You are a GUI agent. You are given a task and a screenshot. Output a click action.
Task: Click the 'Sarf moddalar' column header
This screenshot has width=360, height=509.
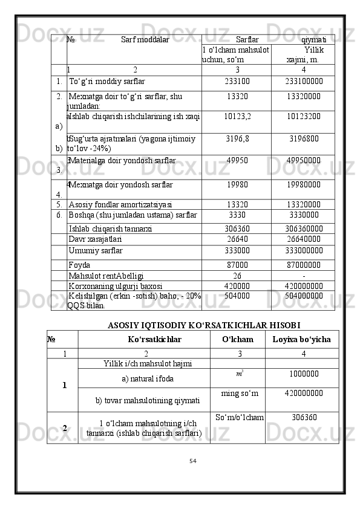coord(145,41)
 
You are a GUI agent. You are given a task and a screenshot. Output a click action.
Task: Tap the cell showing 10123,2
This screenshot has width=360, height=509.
coord(237,115)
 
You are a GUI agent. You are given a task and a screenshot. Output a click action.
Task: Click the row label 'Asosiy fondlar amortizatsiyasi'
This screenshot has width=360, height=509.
coord(120,204)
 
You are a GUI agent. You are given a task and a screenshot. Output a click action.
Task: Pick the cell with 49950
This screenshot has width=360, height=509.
coord(237,161)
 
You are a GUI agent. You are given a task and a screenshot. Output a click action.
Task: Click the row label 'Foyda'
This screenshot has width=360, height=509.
coord(80,265)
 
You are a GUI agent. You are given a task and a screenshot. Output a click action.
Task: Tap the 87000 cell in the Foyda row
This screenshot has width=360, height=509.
coord(237,265)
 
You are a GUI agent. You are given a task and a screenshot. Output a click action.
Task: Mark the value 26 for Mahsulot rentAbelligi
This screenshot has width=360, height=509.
coord(237,276)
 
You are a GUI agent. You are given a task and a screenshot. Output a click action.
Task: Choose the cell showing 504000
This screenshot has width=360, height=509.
coord(237,296)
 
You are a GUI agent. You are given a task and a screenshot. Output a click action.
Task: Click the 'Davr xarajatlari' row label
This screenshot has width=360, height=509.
coord(96,239)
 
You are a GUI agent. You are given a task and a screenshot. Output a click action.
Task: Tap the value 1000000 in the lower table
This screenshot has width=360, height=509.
coord(301,374)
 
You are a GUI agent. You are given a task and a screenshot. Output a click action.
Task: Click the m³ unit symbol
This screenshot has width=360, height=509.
coord(240,375)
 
